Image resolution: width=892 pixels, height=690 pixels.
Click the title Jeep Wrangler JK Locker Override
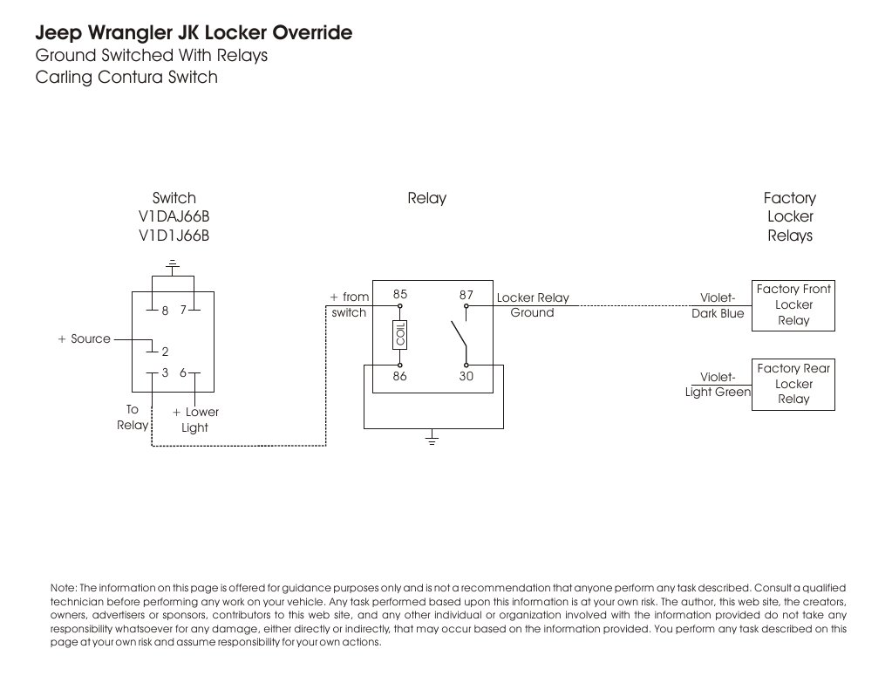pos(194,33)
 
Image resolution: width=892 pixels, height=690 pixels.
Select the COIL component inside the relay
pos(400,335)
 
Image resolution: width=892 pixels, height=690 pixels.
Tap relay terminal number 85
pos(400,295)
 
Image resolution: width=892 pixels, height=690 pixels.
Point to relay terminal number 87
pos(466,295)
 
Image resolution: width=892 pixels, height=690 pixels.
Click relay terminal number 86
pos(400,377)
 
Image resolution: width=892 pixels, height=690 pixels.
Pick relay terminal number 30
pos(466,377)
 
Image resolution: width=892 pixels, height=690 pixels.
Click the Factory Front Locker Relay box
pos(793,305)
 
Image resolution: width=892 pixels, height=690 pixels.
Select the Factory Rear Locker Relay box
pos(793,384)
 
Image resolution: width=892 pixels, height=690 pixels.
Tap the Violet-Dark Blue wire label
pos(718,305)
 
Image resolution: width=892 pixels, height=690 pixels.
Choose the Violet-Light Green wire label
pos(718,385)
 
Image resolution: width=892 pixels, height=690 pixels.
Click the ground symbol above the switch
pos(174,263)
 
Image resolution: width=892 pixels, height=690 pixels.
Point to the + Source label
pos(85,338)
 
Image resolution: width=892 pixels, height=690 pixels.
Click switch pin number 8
pos(164,310)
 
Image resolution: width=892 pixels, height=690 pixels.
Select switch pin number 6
pos(183,372)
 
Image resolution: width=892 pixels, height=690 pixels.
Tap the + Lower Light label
pos(195,420)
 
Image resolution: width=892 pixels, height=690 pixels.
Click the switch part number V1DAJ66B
pos(174,217)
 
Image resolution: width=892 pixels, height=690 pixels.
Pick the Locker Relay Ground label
pos(532,305)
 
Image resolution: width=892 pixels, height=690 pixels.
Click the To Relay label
pos(133,417)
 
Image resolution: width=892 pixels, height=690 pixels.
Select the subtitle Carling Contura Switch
pos(126,78)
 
